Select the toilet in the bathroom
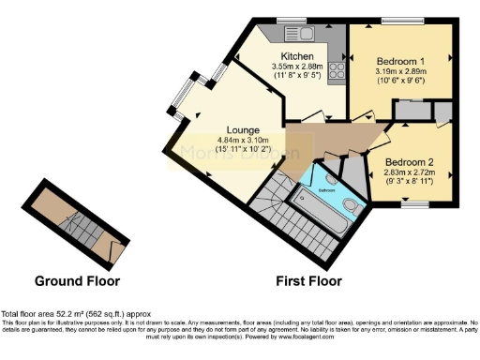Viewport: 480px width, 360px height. click(x=350, y=204)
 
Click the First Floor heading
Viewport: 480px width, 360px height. click(x=308, y=280)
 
